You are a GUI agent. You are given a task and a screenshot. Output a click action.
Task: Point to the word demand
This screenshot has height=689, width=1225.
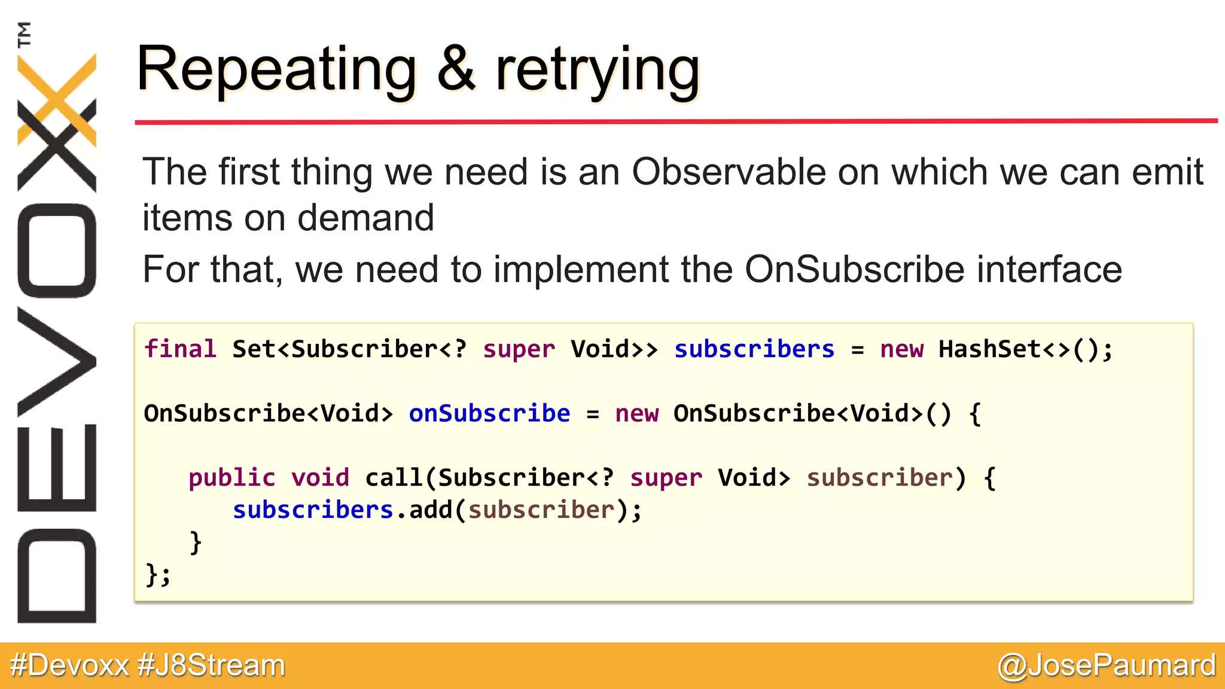[x=365, y=218]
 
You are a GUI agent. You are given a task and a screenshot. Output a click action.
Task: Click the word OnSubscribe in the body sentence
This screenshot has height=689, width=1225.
[x=854, y=269]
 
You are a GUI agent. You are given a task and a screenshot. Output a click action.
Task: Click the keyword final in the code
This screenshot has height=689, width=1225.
[x=180, y=349]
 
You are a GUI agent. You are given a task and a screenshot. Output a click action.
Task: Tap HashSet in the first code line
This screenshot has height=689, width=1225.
[x=989, y=349]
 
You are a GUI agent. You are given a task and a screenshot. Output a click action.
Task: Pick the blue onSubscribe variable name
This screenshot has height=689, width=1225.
[x=489, y=413]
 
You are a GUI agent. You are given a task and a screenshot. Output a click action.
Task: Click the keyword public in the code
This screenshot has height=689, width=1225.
[x=232, y=478]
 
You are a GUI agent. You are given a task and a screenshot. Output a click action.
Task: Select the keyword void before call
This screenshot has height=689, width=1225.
[x=320, y=478]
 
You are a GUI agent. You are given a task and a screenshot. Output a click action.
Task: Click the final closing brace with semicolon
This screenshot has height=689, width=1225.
[x=158, y=575]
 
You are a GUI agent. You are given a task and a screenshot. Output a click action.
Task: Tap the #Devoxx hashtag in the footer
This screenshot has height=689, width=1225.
[x=69, y=665]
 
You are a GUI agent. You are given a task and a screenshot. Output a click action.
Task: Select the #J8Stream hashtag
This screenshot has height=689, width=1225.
[x=212, y=665]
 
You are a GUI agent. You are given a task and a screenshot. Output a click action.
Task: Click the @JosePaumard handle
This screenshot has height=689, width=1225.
[x=1107, y=665]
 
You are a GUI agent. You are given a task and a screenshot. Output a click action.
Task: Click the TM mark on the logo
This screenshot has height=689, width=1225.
[x=24, y=34]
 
